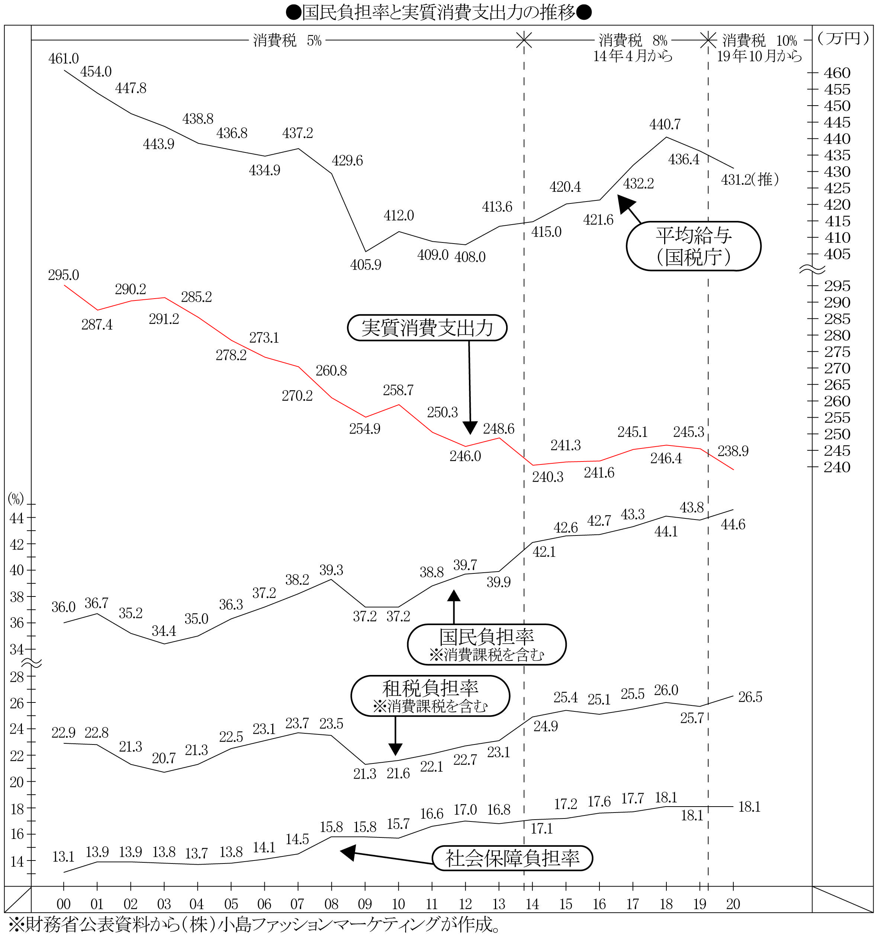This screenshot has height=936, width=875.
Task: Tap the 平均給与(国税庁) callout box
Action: pos(693,246)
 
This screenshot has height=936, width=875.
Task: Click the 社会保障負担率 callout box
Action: pos(512,858)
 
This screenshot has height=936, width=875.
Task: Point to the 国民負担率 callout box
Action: pos(486,644)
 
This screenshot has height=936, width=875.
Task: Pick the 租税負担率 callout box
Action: pos(430,696)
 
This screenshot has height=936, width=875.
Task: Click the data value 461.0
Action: pos(64,59)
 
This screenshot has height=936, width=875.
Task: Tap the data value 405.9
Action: pos(366,265)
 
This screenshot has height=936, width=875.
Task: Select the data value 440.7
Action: pos(665,124)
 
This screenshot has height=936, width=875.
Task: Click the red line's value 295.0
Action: pos(64,275)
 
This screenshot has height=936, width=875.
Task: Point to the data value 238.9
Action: pos(733,451)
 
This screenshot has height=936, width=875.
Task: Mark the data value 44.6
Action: pos(733,524)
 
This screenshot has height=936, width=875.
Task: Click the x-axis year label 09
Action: pos(364,904)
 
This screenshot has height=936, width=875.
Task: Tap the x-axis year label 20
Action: pos(733,904)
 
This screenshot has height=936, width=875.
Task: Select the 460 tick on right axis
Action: pos(837,73)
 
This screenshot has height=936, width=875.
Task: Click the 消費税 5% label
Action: pos(287,41)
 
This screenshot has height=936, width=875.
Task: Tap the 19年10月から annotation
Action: pos(759,57)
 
